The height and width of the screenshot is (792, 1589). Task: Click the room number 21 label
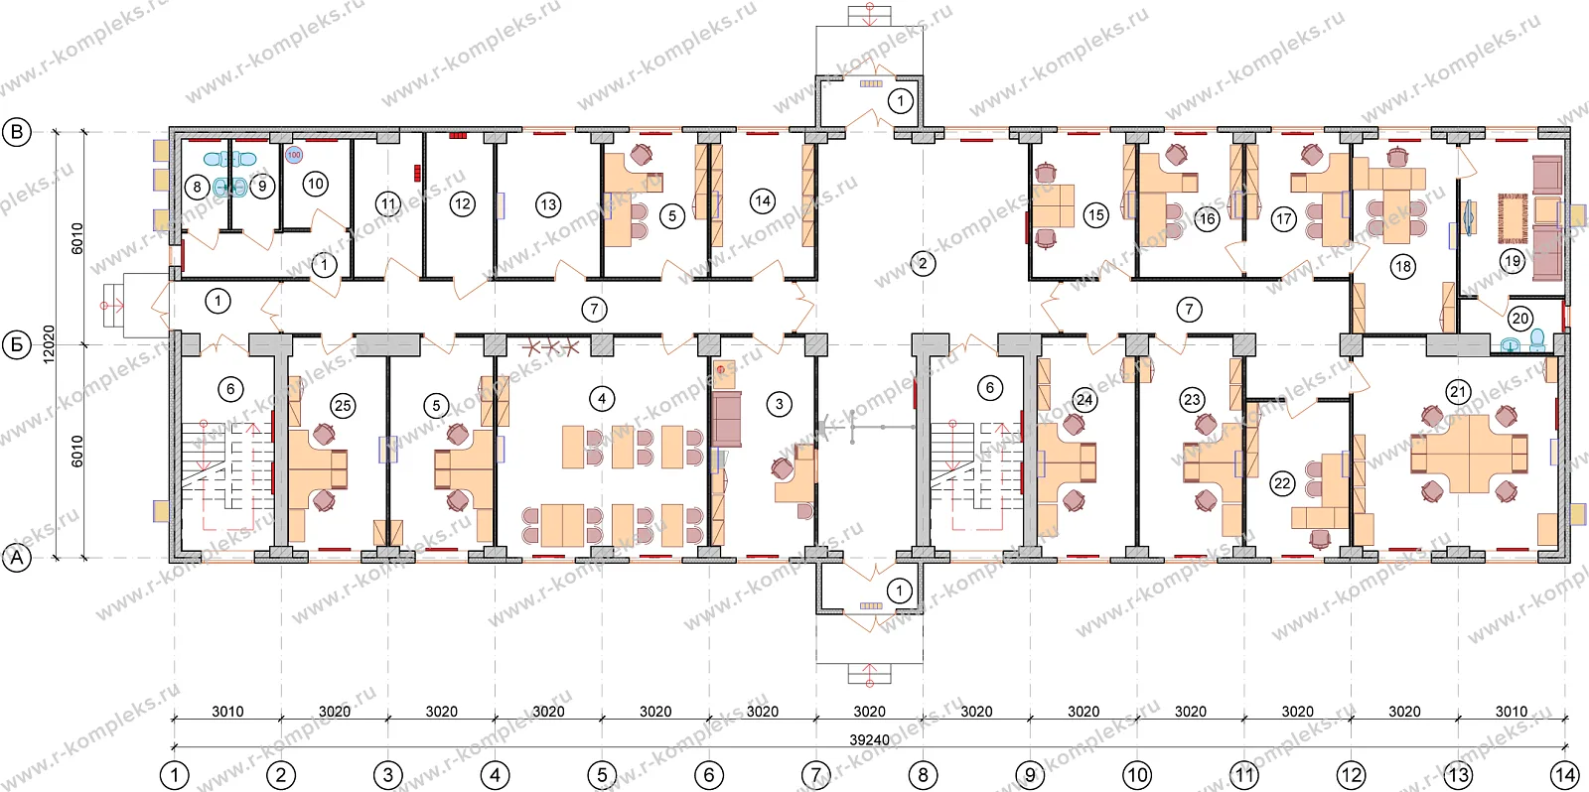[1458, 391]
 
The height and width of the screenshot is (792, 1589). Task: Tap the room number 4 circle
[602, 399]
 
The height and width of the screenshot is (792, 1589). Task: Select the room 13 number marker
[547, 204]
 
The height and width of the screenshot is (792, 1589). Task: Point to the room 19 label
[1513, 260]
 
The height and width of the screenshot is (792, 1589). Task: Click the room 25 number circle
[343, 406]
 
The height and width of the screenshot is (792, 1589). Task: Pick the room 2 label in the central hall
[923, 264]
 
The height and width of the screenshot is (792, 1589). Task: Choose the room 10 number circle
[315, 185]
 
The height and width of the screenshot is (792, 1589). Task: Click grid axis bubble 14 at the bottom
[1564, 775]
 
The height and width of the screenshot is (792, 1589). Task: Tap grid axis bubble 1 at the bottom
[174, 775]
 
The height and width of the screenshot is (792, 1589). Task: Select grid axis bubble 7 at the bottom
[815, 775]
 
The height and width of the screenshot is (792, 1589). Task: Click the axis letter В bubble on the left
[17, 132]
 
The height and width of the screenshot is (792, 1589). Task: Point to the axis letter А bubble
[17, 558]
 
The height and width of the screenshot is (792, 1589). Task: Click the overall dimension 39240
[869, 739]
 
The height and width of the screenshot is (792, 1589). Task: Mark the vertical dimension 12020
[49, 344]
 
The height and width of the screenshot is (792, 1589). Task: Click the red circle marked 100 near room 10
[294, 155]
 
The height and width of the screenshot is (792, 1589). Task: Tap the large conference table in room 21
[1469, 454]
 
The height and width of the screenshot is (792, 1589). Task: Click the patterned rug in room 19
[1513, 218]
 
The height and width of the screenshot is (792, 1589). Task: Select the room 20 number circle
[1519, 319]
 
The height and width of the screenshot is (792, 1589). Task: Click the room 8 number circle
[198, 188]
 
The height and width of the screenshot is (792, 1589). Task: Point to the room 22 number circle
[1282, 483]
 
